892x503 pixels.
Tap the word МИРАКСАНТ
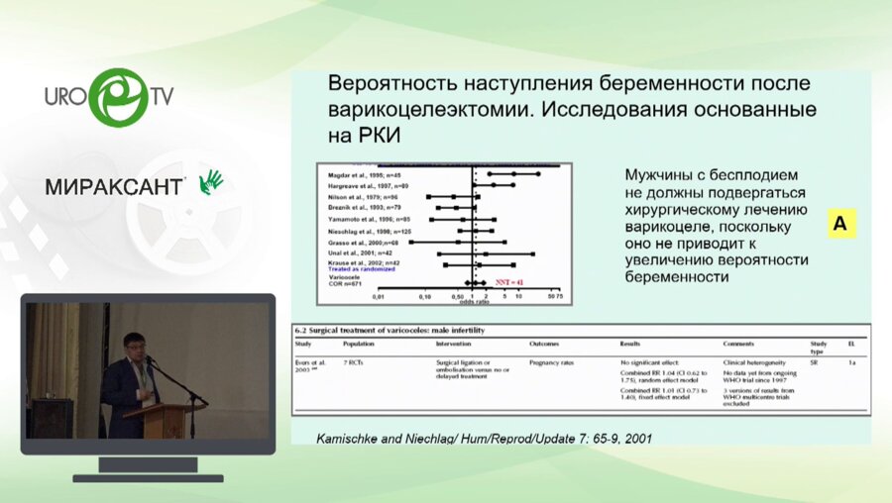(x=114, y=186)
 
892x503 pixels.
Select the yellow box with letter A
(x=839, y=225)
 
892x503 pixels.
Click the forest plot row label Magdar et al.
(x=360, y=173)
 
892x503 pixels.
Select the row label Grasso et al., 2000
(x=363, y=242)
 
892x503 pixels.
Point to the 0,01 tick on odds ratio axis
(x=378, y=297)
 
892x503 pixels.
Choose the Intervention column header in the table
(x=456, y=343)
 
